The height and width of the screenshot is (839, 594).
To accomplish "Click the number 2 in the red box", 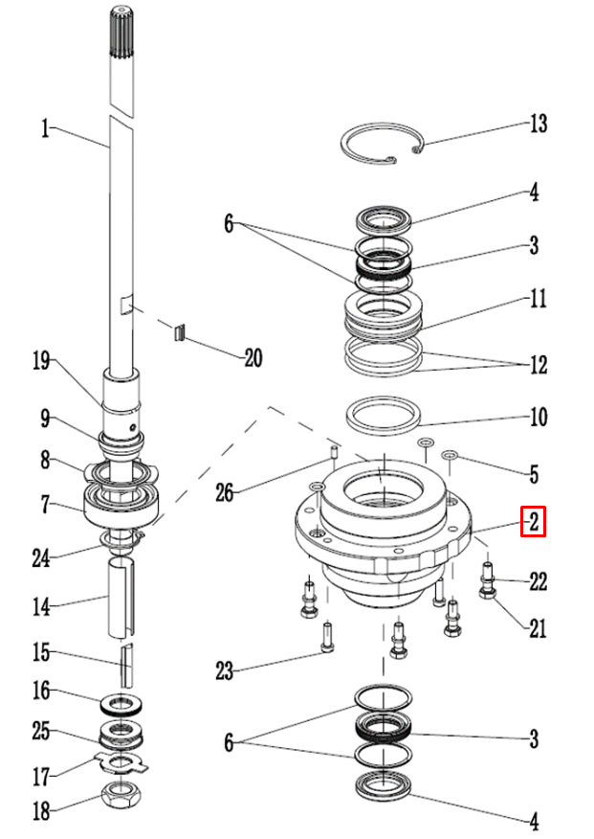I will tap(533, 522).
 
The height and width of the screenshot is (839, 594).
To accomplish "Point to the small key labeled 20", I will tap(176, 332).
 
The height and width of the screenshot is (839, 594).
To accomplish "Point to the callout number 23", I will tap(224, 671).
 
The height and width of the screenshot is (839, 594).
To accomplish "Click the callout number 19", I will tap(41, 361).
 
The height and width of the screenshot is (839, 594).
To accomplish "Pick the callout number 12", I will tap(538, 365).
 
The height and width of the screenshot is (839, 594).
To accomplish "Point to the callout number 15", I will tap(41, 654).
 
